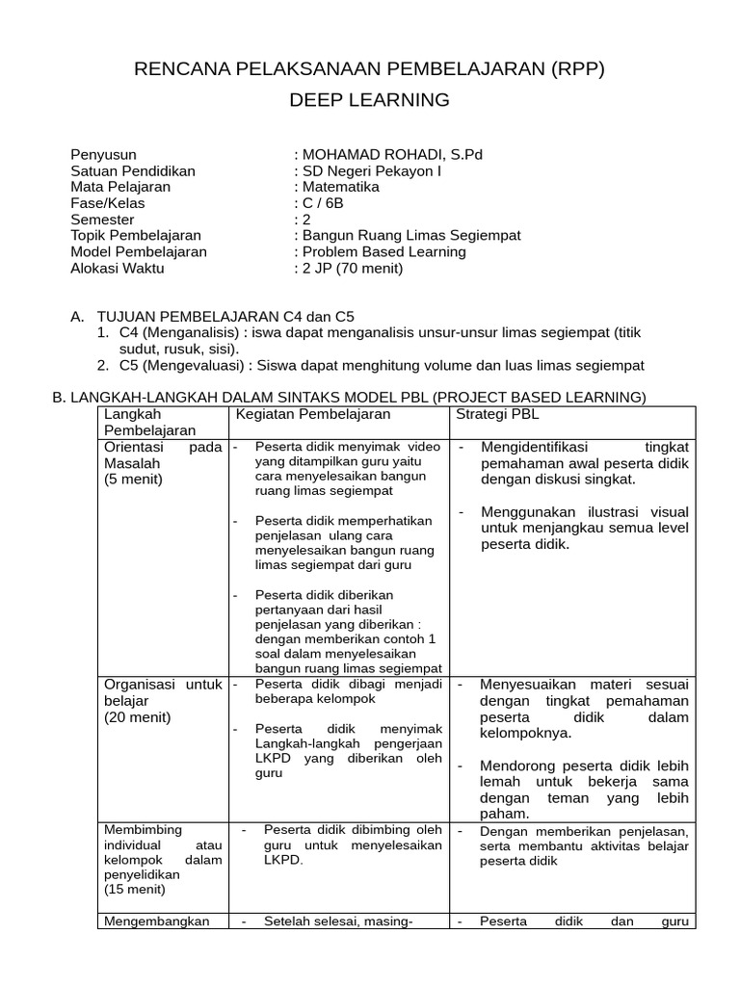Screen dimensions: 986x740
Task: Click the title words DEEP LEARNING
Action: point(370,100)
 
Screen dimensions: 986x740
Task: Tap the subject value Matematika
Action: point(341,187)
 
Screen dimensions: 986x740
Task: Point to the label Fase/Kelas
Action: point(105,203)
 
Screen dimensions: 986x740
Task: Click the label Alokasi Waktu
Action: point(118,269)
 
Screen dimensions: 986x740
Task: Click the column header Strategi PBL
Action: point(497,414)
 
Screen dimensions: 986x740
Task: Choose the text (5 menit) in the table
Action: point(133,480)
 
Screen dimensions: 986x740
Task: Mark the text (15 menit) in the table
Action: point(133,891)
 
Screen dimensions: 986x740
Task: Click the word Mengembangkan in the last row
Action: point(156,921)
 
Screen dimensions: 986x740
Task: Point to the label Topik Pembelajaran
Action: point(136,236)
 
